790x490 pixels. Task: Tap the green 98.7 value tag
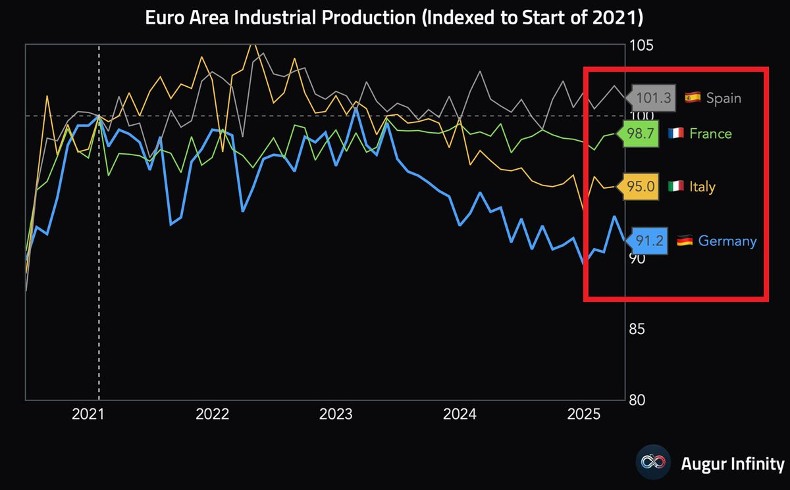pyautogui.click(x=638, y=134)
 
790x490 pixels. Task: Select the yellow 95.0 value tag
pyautogui.click(x=638, y=186)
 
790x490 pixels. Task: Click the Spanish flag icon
pyautogui.click(x=693, y=97)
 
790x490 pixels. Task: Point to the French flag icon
pyautogui.click(x=675, y=133)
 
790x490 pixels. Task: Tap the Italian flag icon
pyautogui.click(x=675, y=186)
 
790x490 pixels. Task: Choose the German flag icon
pyautogui.click(x=685, y=241)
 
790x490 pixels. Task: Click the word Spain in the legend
pyautogui.click(x=724, y=99)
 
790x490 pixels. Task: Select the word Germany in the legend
pyautogui.click(x=727, y=241)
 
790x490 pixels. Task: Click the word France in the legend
pyautogui.click(x=710, y=134)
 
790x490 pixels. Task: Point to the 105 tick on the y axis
pyautogui.click(x=641, y=46)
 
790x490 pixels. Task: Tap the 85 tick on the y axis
pyautogui.click(x=637, y=329)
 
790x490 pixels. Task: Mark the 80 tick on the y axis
pyautogui.click(x=637, y=400)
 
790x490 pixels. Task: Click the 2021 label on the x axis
pyautogui.click(x=88, y=414)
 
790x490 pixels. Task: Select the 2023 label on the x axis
pyautogui.click(x=336, y=414)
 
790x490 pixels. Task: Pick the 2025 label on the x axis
pyautogui.click(x=584, y=414)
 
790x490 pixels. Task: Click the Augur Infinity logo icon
pyautogui.click(x=653, y=462)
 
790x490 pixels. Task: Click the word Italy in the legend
pyautogui.click(x=702, y=187)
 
